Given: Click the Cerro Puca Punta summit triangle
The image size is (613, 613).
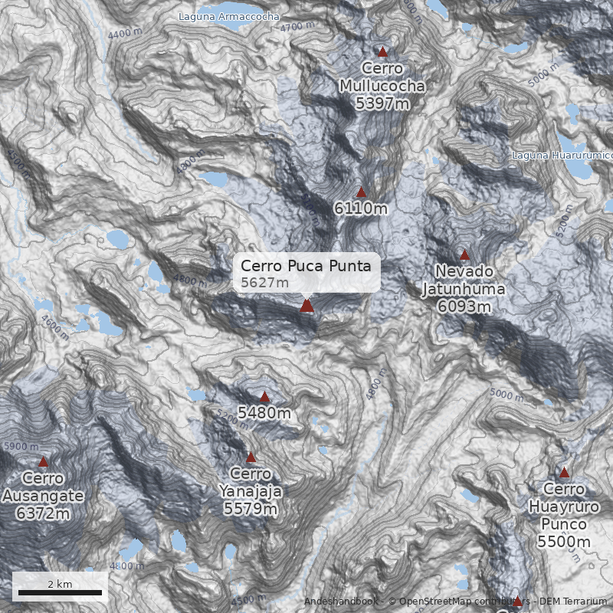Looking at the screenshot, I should pyautogui.click(x=307, y=306).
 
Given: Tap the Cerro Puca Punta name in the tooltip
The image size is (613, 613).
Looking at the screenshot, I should pyautogui.click(x=306, y=266).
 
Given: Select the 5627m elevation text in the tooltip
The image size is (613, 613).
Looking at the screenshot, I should pyautogui.click(x=265, y=283).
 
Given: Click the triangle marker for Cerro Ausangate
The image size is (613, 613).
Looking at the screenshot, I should pyautogui.click(x=43, y=462).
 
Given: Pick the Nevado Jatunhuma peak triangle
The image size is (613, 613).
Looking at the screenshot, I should pyautogui.click(x=464, y=254).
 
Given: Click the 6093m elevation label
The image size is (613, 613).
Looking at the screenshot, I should pyautogui.click(x=464, y=306).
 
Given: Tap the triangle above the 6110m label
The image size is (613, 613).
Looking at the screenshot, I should pyautogui.click(x=362, y=192).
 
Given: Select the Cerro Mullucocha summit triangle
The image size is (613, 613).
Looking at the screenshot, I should pyautogui.click(x=382, y=51).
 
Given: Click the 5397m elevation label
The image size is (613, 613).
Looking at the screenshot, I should pyautogui.click(x=382, y=103).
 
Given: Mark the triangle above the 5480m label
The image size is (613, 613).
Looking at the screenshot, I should pyautogui.click(x=265, y=397).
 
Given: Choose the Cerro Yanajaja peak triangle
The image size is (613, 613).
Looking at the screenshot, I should pyautogui.click(x=251, y=457).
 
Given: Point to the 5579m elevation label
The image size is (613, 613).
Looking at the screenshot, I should pyautogui.click(x=251, y=508).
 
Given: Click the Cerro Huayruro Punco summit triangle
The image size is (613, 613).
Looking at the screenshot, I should pyautogui.click(x=564, y=473).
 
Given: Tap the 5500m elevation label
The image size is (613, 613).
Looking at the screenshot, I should pyautogui.click(x=564, y=542).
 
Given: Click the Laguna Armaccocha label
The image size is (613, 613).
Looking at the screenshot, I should pyautogui.click(x=228, y=16).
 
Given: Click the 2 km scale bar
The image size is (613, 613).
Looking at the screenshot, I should pyautogui.click(x=60, y=592).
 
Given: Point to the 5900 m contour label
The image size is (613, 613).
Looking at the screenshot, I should pyautogui.click(x=21, y=446).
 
